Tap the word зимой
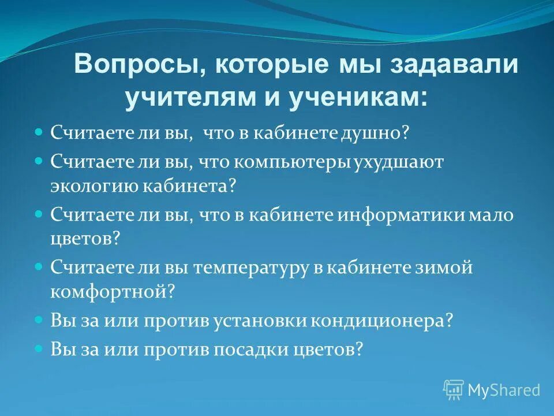click(444, 268)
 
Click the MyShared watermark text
click(504, 390)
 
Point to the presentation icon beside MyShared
click(454, 389)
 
